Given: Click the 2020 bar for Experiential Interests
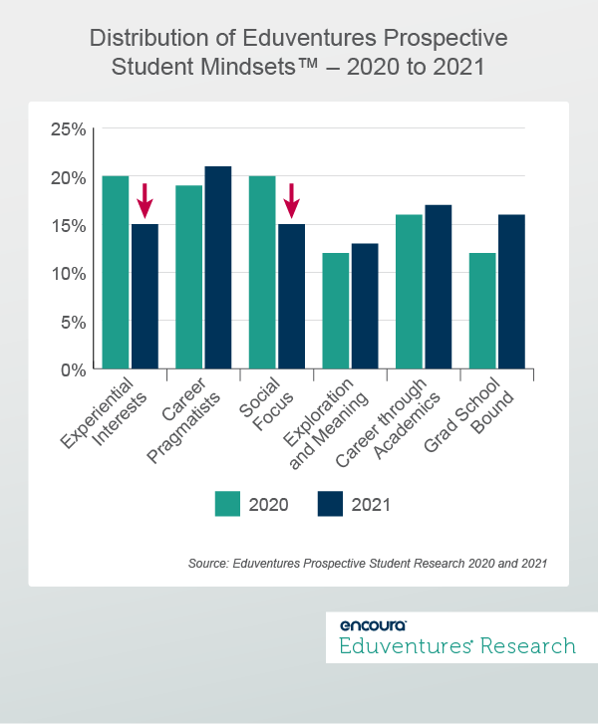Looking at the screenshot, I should (x=115, y=273).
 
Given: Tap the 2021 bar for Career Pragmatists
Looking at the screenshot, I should (x=217, y=268).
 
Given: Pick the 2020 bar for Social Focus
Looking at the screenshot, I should (x=262, y=273).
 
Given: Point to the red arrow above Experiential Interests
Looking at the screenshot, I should (x=145, y=200).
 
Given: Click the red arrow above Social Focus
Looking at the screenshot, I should (x=291, y=200).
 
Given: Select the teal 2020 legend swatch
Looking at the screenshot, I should (x=229, y=504).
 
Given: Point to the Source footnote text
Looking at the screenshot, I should (x=367, y=564).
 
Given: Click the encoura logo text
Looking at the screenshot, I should (x=373, y=624).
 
